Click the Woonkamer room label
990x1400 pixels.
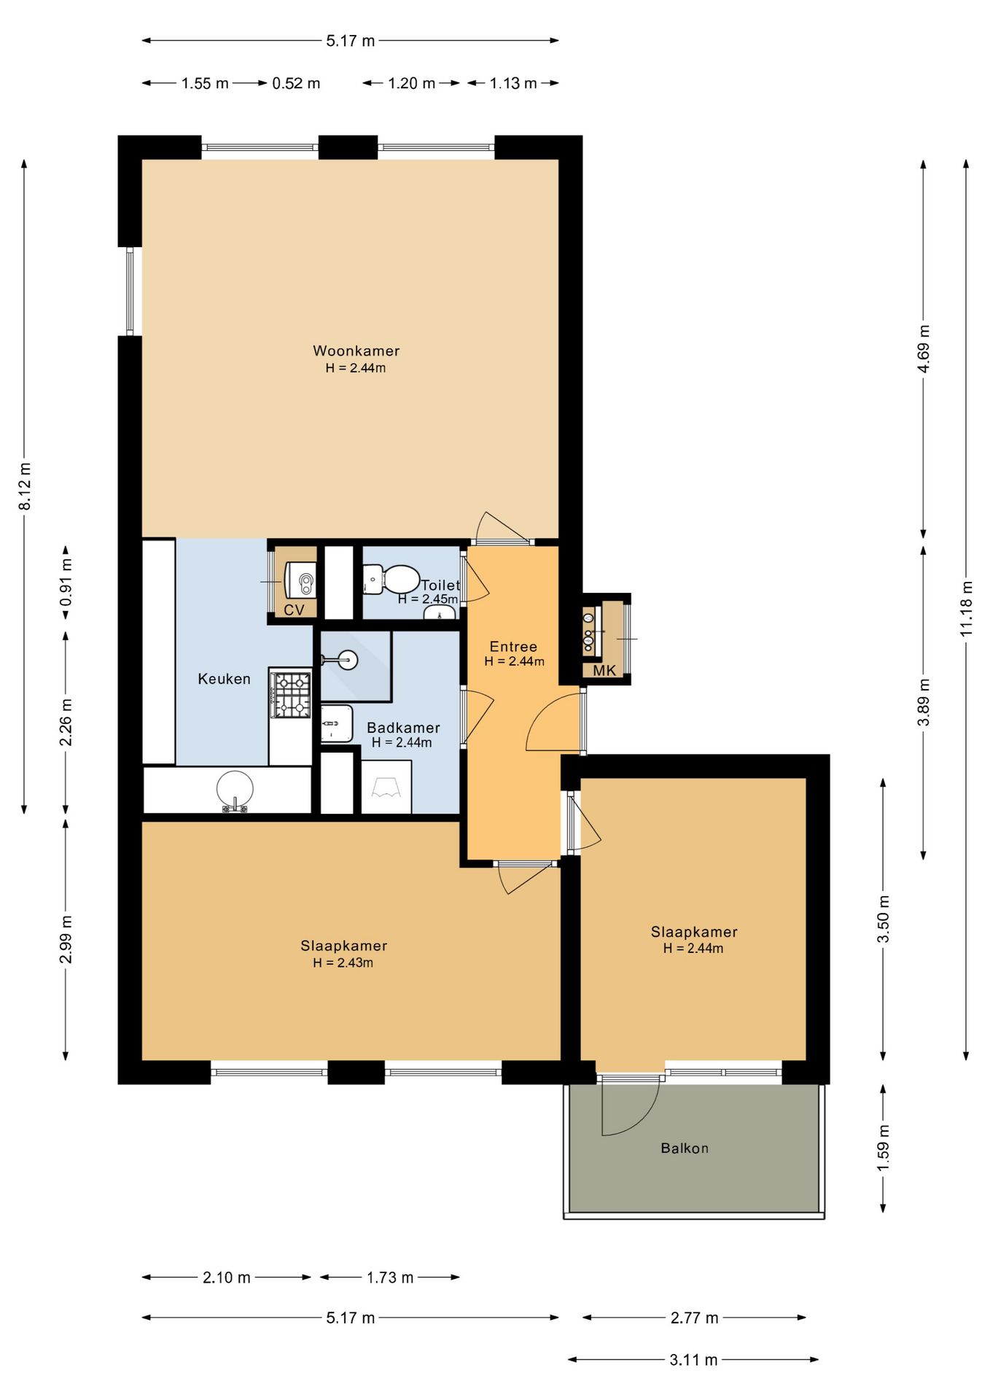tap(356, 351)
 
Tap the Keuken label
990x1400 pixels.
tap(225, 679)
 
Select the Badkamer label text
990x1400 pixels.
tap(403, 728)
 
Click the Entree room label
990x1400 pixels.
tap(513, 647)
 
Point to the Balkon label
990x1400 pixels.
tap(685, 1148)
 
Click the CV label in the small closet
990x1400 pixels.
tap(294, 610)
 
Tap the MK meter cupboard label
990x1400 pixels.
tap(604, 671)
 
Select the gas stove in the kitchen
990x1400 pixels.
tap(291, 695)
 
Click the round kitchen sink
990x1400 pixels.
tap(235, 790)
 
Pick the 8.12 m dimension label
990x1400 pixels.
tap(25, 486)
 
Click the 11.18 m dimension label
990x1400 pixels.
tap(967, 608)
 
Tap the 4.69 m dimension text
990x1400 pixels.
tap(924, 349)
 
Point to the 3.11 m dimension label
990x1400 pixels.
tap(693, 1360)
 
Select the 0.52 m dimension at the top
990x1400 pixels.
tap(296, 84)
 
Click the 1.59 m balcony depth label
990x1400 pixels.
tap(883, 1148)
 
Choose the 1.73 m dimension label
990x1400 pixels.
tap(390, 1277)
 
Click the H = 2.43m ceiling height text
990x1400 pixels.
tap(343, 962)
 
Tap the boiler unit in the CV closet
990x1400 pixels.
tap(300, 581)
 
